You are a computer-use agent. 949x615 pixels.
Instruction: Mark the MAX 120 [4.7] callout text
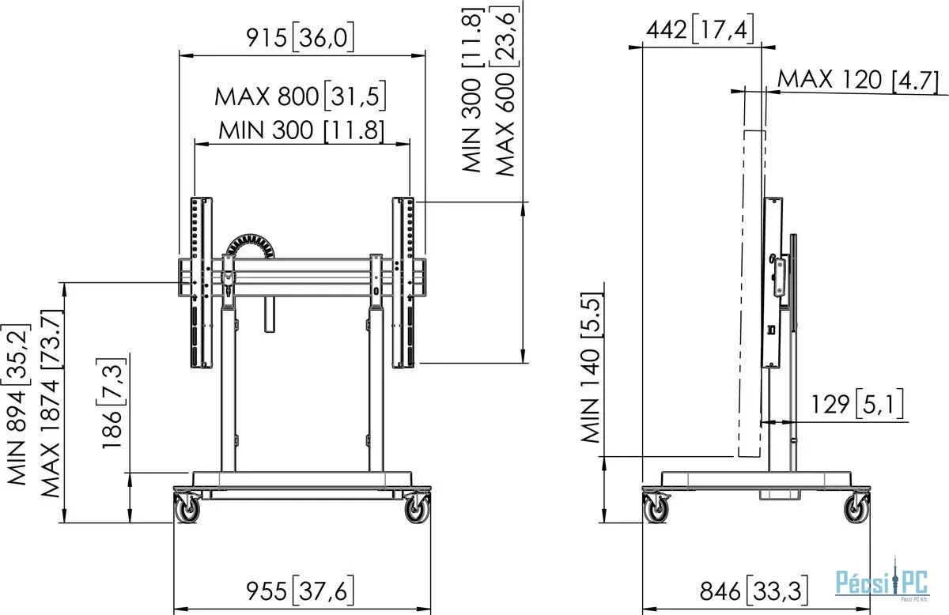point(857,80)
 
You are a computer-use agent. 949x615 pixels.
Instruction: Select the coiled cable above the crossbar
point(251,246)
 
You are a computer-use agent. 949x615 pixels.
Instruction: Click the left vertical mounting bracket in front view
point(201,282)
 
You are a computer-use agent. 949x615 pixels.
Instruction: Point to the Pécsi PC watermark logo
point(883,583)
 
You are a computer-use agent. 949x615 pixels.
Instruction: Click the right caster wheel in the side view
point(857,508)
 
